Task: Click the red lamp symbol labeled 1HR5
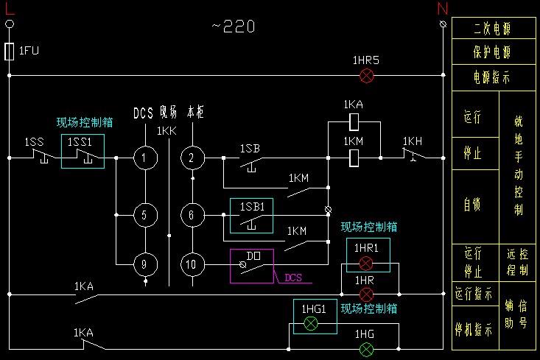click(366, 75)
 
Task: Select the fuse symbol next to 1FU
click(10, 51)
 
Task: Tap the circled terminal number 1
click(145, 157)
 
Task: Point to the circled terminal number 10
click(192, 263)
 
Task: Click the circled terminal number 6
click(192, 215)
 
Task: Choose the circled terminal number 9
click(145, 263)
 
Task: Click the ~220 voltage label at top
click(234, 27)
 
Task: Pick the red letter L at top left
click(10, 8)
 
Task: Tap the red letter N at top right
click(443, 8)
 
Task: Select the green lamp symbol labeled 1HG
click(366, 348)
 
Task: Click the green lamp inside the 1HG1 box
click(311, 323)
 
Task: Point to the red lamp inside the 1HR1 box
click(366, 263)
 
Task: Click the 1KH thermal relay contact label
click(413, 141)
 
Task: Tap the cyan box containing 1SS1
click(83, 151)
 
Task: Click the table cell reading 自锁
click(472, 205)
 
